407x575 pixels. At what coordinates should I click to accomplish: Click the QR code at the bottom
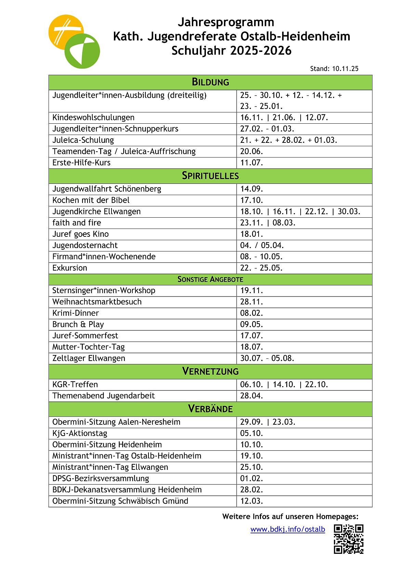pos(348,539)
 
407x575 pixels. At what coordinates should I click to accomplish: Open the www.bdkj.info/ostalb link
pos(287,529)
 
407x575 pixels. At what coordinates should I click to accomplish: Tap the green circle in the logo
pos(82,51)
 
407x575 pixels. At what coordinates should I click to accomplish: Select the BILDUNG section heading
pos(210,82)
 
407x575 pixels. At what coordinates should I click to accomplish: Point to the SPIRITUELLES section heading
pos(210,176)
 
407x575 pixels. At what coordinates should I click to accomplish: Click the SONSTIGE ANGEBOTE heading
pos(210,279)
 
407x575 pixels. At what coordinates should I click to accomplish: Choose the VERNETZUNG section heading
pos(210,371)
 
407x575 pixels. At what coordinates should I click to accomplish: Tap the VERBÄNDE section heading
pos(210,409)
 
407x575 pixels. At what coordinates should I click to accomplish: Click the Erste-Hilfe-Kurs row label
pos(81,163)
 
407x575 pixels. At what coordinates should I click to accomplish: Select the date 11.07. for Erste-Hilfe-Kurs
pos(251,163)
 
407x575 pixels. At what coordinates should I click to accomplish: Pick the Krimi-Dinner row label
pos(76,313)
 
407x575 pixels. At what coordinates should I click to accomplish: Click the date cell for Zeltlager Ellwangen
pos(267,358)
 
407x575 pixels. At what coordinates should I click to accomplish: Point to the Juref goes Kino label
pos(80,234)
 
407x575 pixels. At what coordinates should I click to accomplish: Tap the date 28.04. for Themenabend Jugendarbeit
pos(251,396)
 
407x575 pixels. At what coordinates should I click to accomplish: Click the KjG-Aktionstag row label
pos(80,433)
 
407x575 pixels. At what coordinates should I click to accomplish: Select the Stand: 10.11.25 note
pos(334,69)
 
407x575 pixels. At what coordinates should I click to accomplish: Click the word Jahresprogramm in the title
pos(226,22)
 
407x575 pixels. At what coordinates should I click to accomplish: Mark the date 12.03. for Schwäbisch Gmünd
pos(251,501)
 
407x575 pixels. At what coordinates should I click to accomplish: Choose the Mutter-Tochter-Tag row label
pos(89,347)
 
